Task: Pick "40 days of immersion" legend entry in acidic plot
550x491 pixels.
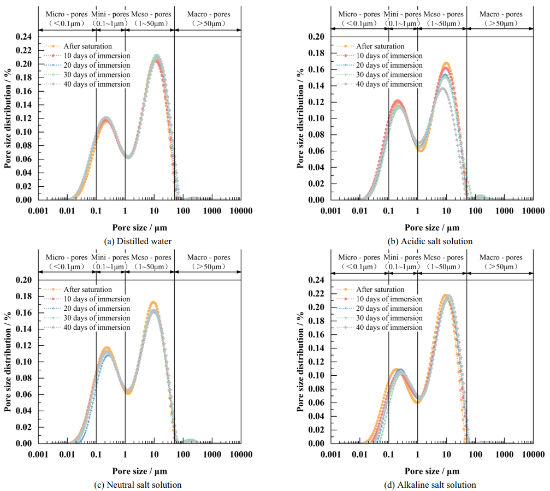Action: click(389, 84)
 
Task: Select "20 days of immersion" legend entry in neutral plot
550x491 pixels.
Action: click(97, 309)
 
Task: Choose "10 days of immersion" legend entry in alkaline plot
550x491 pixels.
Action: click(389, 299)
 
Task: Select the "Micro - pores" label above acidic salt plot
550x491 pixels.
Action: click(359, 14)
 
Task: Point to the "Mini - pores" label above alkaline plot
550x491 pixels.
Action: click(403, 257)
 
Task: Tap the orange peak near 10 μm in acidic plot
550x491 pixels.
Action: click(446, 64)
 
